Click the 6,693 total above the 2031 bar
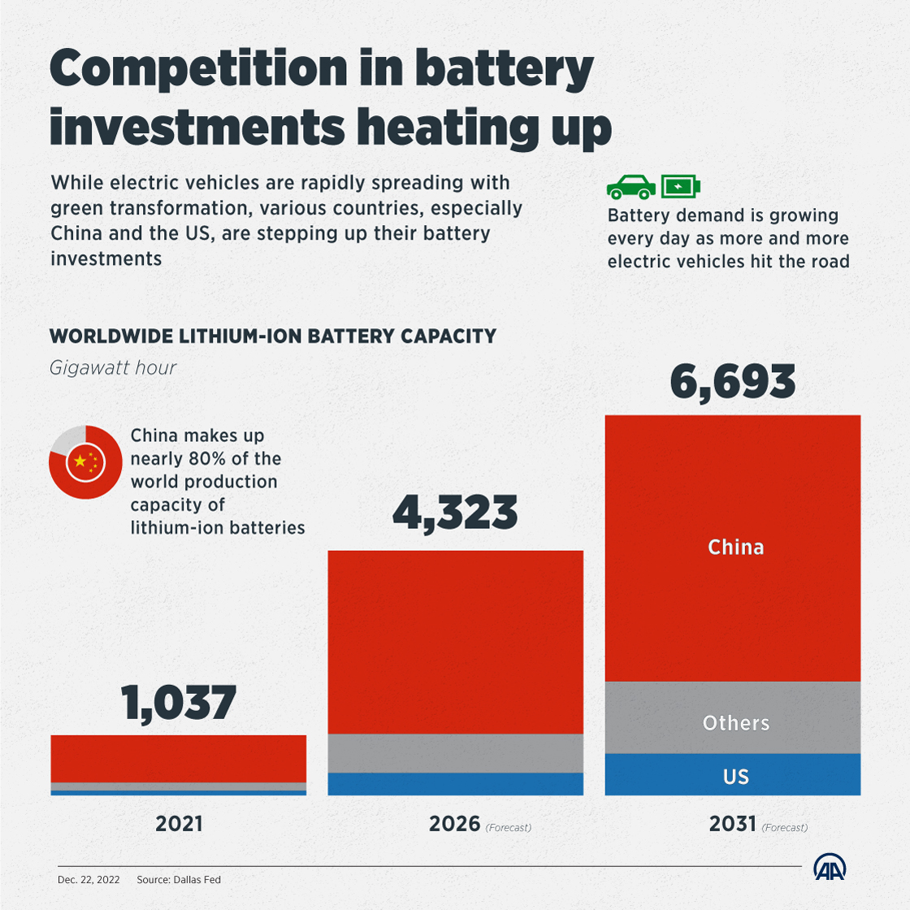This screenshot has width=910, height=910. click(x=733, y=383)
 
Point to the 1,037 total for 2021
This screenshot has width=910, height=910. click(x=179, y=703)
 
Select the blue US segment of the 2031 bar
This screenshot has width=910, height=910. click(x=733, y=775)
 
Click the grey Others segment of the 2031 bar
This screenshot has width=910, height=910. click(x=733, y=718)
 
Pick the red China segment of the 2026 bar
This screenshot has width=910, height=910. click(x=455, y=642)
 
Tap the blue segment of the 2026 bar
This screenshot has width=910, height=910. click(x=455, y=783)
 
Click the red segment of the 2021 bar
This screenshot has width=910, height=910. click(x=179, y=758)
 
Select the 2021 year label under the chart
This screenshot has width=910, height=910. click(x=179, y=824)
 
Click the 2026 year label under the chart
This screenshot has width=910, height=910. click(x=455, y=824)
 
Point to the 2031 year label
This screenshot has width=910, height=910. click(x=733, y=824)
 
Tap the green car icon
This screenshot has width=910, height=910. click(x=631, y=187)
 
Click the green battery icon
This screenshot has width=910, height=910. click(x=680, y=187)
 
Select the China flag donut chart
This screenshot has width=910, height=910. click(x=81, y=461)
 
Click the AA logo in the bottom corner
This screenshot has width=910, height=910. click(x=830, y=868)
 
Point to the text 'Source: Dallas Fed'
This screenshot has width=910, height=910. click(x=179, y=879)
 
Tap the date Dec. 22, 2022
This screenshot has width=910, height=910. click(x=89, y=879)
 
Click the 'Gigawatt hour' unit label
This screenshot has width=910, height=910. click(x=113, y=367)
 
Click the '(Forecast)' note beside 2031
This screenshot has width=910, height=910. click(x=784, y=827)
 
